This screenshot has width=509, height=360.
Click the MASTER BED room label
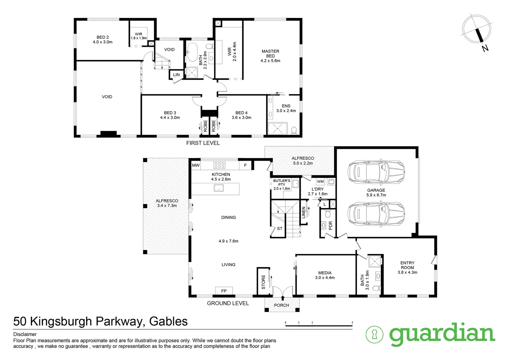pos(270,54)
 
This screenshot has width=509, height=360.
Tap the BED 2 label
pos(103,37)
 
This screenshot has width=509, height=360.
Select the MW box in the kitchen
pos(196,165)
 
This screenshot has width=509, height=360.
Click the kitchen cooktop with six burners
pos(220,165)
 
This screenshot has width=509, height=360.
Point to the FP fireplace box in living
pos(224,291)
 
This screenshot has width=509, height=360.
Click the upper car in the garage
pos(376,171)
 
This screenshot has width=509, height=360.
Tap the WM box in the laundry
pos(320,182)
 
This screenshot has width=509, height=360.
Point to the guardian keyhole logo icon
pos(374,334)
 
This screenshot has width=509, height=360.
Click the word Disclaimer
pos(25,334)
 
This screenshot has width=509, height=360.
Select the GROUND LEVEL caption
pos(228,303)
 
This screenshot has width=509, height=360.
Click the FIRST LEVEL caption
pos(203,143)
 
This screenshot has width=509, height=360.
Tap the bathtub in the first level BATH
pos(192,53)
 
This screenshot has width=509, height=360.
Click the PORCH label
pos(281,305)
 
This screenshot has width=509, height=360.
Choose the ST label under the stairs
pos(279,229)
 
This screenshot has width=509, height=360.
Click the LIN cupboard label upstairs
pos(176,75)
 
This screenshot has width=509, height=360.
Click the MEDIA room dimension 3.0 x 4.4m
pos(324,278)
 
